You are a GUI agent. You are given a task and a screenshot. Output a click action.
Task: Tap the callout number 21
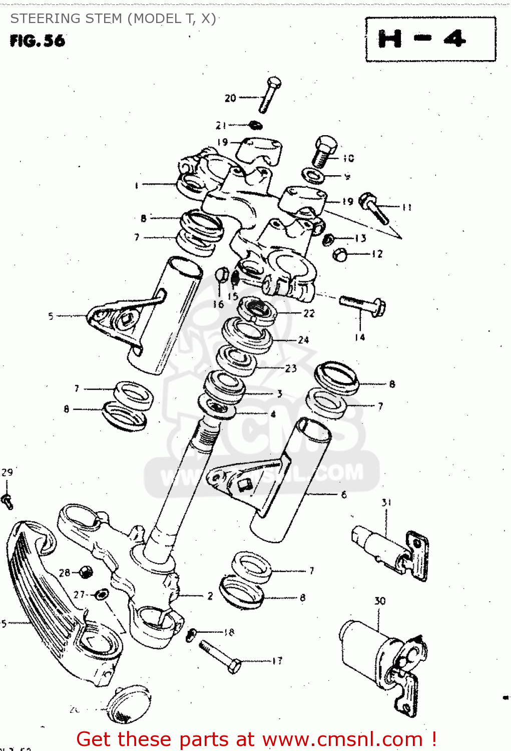pos(221,125)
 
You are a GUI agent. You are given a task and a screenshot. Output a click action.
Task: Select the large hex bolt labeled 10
pos(324,150)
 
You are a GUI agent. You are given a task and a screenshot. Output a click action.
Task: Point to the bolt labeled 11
pos(374,208)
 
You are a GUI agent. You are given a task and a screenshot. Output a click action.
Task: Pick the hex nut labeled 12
pos(340,254)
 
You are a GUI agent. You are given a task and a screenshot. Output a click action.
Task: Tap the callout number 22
pos(309,313)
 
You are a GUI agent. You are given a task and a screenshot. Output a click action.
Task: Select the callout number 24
pos(303,340)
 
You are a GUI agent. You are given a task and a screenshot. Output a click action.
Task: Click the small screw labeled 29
pos(7,501)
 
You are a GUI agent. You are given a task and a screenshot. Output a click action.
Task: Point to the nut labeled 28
pos(86,572)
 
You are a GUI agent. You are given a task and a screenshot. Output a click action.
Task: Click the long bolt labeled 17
pos(220,656)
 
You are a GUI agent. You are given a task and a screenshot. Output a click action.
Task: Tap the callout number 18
pos(229,632)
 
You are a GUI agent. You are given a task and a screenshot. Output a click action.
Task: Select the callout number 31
pos(386,502)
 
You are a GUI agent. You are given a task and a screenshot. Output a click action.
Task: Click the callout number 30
pos(380,600)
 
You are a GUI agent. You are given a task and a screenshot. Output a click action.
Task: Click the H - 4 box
pos(430,39)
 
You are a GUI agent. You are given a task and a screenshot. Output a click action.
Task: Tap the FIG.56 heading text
pos(38,41)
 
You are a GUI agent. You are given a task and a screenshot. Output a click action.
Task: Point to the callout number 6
pos(344,495)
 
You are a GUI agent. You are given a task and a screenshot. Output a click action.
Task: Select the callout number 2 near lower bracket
pos(210,596)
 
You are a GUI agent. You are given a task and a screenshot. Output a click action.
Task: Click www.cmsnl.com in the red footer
pos(342,739)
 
